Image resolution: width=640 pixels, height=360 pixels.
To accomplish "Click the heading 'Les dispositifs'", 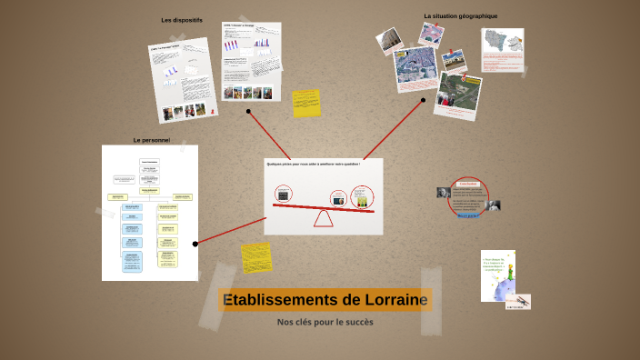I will click(182, 20).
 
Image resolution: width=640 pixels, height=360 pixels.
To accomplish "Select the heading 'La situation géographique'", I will click(460, 15).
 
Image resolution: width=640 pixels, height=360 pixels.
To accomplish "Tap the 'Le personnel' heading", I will click(151, 140).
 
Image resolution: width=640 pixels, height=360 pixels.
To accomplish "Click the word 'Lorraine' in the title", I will click(391, 300).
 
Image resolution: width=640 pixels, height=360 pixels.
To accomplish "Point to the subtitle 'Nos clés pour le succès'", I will click(325, 322).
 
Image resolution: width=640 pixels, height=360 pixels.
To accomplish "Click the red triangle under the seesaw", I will click(324, 218).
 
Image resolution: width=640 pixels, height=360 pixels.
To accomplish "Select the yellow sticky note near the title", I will click(255, 258).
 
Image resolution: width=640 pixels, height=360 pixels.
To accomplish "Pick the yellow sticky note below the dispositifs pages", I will click(306, 102).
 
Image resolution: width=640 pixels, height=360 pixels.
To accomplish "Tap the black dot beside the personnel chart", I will click(195, 244).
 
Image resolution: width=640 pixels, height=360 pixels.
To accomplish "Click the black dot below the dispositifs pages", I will click(248, 112).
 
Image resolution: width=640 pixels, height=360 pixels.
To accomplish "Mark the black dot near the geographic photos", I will click(423, 101).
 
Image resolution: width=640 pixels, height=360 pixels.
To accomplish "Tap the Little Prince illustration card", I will click(497, 274).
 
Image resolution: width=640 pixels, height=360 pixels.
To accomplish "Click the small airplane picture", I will click(520, 300).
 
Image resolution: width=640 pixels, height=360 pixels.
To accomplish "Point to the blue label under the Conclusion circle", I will click(469, 216).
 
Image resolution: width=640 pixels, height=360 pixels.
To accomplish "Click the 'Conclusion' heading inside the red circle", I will click(468, 184).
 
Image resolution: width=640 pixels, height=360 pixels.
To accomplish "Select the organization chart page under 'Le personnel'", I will click(149, 213).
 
